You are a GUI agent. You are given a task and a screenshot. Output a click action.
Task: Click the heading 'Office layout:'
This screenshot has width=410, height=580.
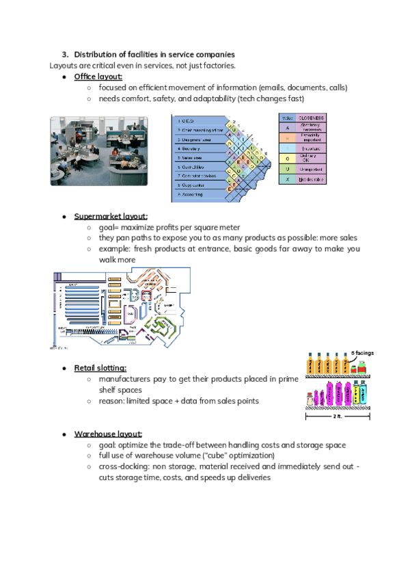[x=98, y=77]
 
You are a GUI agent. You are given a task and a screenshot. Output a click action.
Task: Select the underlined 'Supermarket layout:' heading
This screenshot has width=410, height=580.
[x=111, y=216]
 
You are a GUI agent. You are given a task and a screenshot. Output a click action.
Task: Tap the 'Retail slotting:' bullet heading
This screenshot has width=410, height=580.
[x=100, y=368]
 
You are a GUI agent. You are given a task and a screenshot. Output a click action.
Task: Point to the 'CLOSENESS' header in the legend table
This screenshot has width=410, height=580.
[x=312, y=118]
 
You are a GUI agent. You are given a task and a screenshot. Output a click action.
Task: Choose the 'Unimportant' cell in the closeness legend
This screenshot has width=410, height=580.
[x=312, y=168]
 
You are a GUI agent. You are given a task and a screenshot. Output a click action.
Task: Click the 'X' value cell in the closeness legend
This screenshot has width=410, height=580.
[x=288, y=179]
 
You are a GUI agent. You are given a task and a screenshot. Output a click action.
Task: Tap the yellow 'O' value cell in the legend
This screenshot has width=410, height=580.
[x=288, y=158]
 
